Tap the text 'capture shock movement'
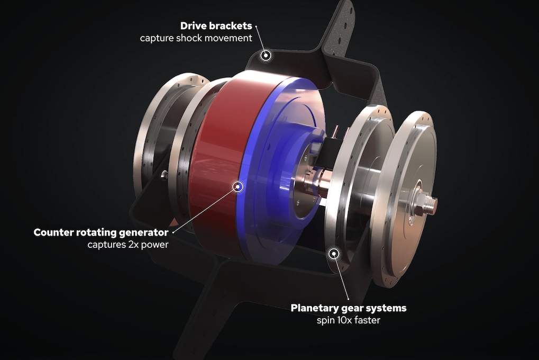[196, 39]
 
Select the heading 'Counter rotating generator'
[101, 232]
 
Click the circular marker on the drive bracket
[266, 55]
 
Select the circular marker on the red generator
[238, 186]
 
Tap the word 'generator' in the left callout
[143, 232]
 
